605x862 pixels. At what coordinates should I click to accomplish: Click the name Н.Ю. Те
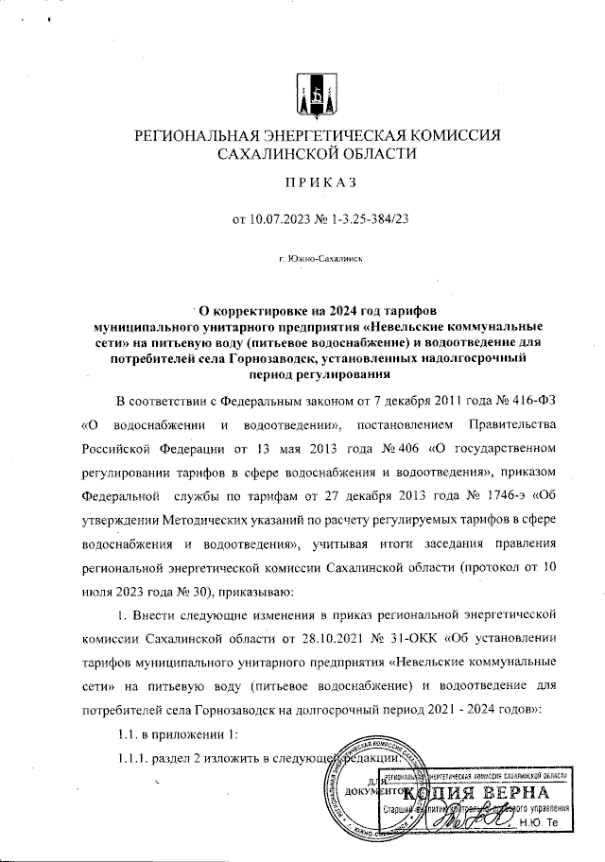coord(545,823)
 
